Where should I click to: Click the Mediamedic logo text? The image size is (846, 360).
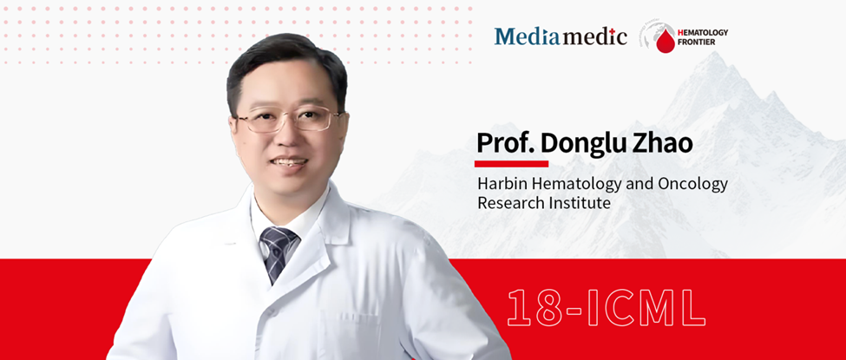(x=561, y=36)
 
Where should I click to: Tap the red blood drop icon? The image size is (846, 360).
(x=666, y=42)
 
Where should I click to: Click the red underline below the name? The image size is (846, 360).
(x=511, y=164)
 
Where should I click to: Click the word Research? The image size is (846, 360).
(x=504, y=204)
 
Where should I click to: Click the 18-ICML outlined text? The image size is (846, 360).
(x=607, y=308)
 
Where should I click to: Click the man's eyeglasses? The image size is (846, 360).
(x=289, y=119)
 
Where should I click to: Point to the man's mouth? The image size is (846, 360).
(x=289, y=162)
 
